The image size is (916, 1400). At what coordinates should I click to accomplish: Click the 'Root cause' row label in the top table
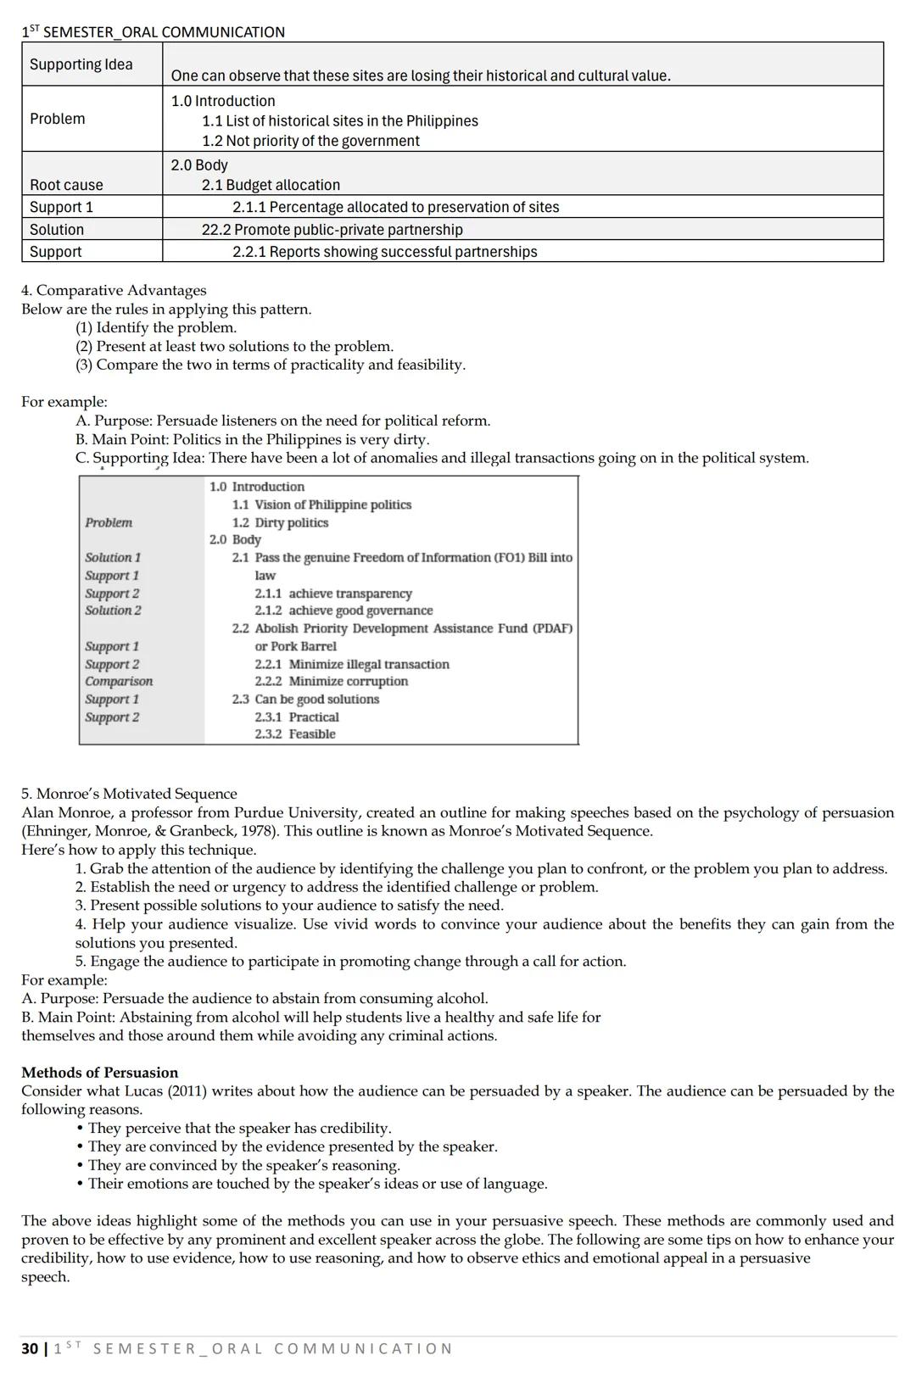coord(66,185)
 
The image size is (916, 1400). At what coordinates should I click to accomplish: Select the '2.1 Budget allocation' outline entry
coord(271,185)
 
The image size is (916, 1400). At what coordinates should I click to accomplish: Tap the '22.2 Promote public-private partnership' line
coord(332,230)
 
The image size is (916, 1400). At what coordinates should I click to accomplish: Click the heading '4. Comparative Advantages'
coord(114,290)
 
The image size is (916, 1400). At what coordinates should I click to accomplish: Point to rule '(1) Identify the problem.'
coord(156,327)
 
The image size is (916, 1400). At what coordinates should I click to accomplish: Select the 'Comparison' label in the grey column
coord(119,682)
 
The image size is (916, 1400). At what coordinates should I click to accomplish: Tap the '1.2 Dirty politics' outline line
coord(280,523)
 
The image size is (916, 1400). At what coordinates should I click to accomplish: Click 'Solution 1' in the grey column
coord(113,558)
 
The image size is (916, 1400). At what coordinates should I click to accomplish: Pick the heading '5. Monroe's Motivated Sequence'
coord(129,794)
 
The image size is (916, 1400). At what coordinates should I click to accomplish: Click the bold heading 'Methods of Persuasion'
coord(100,1073)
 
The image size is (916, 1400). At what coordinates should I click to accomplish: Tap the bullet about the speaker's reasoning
coord(243,1165)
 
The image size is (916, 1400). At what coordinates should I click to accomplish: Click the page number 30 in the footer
coord(30,1348)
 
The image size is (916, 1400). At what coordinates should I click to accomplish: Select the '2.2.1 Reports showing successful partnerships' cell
coord(384,252)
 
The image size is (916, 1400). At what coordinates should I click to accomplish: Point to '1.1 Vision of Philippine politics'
coord(321,505)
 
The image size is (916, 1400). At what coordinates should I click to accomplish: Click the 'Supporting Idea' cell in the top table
coord(81,64)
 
